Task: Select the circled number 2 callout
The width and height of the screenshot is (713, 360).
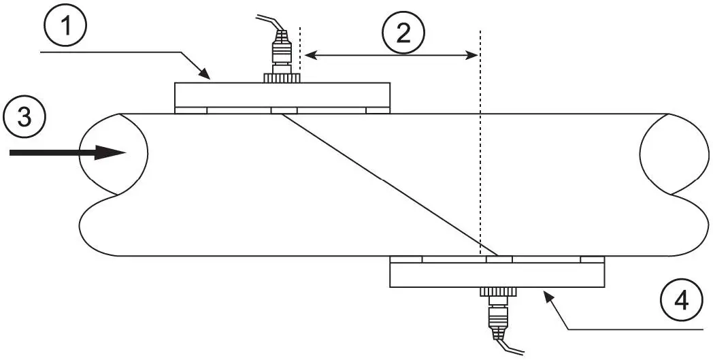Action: point(403,33)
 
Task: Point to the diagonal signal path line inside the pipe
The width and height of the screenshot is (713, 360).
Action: point(384,181)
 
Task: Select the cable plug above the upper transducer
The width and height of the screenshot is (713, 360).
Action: point(281,49)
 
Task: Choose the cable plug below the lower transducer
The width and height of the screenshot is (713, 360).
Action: point(498,316)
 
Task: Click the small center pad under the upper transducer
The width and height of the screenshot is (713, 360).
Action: point(284,110)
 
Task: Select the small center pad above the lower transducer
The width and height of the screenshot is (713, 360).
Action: point(499,259)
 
